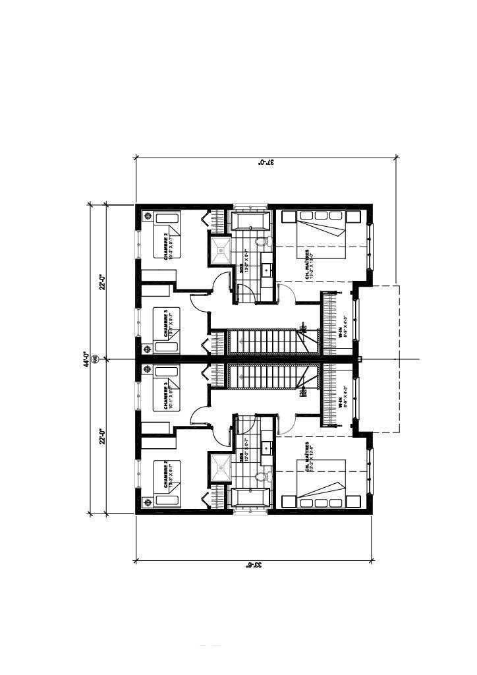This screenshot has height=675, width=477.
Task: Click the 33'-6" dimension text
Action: (254, 565)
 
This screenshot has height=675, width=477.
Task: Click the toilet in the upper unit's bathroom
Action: (262, 243)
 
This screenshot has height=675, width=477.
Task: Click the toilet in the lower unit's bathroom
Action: (262, 476)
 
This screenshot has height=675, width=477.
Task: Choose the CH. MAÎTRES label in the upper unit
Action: (310, 263)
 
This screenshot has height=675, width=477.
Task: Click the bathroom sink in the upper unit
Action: (267, 270)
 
